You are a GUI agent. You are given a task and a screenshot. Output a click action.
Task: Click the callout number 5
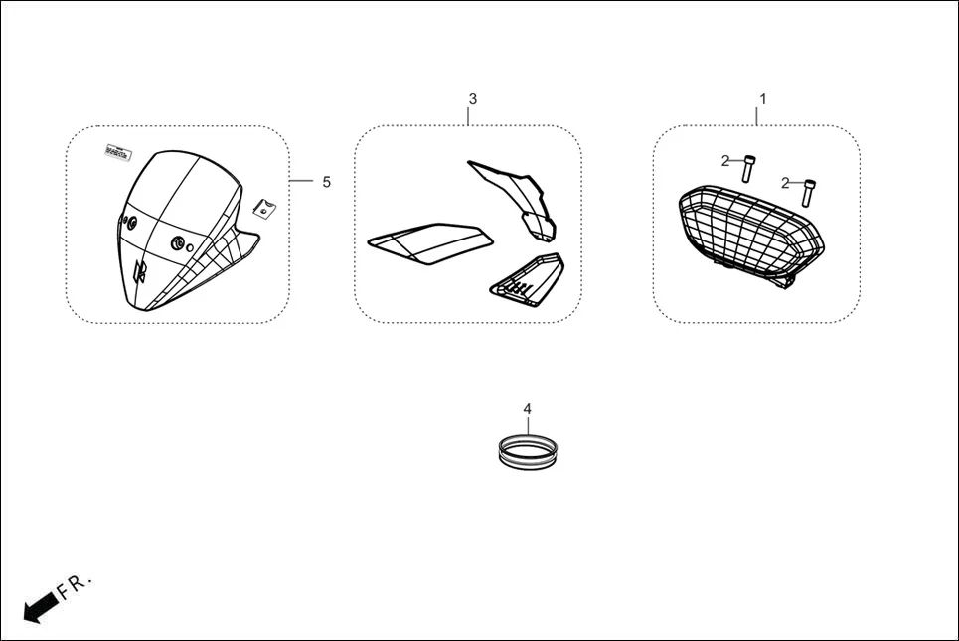click(326, 182)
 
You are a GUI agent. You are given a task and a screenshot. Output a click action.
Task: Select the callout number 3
click(472, 99)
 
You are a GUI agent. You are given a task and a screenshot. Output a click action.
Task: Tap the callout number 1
click(762, 99)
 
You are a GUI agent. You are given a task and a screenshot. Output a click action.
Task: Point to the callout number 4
click(528, 408)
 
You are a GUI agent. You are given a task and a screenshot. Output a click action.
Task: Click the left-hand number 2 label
click(726, 160)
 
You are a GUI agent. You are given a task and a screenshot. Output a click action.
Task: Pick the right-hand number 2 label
click(785, 183)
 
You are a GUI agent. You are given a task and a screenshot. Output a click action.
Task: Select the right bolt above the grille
click(810, 190)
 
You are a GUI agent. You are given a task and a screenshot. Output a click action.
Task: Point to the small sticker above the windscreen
click(118, 152)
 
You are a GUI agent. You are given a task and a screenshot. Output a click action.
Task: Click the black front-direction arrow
click(39, 607)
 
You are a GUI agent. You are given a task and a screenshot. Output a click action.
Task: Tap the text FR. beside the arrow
click(75, 585)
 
